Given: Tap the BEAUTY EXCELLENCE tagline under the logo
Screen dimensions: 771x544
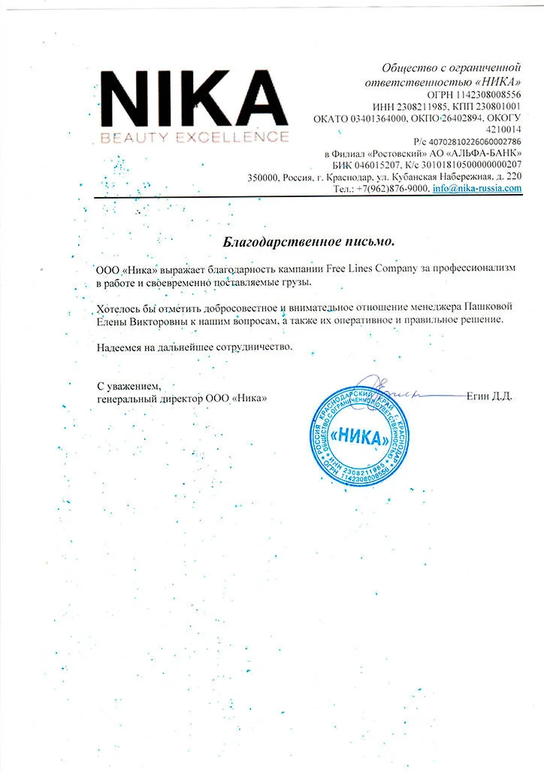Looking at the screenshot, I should click(194, 137).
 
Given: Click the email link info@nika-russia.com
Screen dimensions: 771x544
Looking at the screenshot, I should click(476, 189).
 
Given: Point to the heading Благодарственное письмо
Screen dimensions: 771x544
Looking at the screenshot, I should click(309, 242).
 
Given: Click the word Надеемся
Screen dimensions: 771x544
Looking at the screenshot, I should click(121, 347).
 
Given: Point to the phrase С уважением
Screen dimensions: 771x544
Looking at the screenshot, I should click(128, 386).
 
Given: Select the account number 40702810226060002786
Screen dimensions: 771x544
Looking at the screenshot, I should click(473, 141).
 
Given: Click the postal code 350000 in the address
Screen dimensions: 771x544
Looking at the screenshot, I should click(262, 178).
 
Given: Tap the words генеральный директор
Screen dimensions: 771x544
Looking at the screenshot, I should click(150, 398).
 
